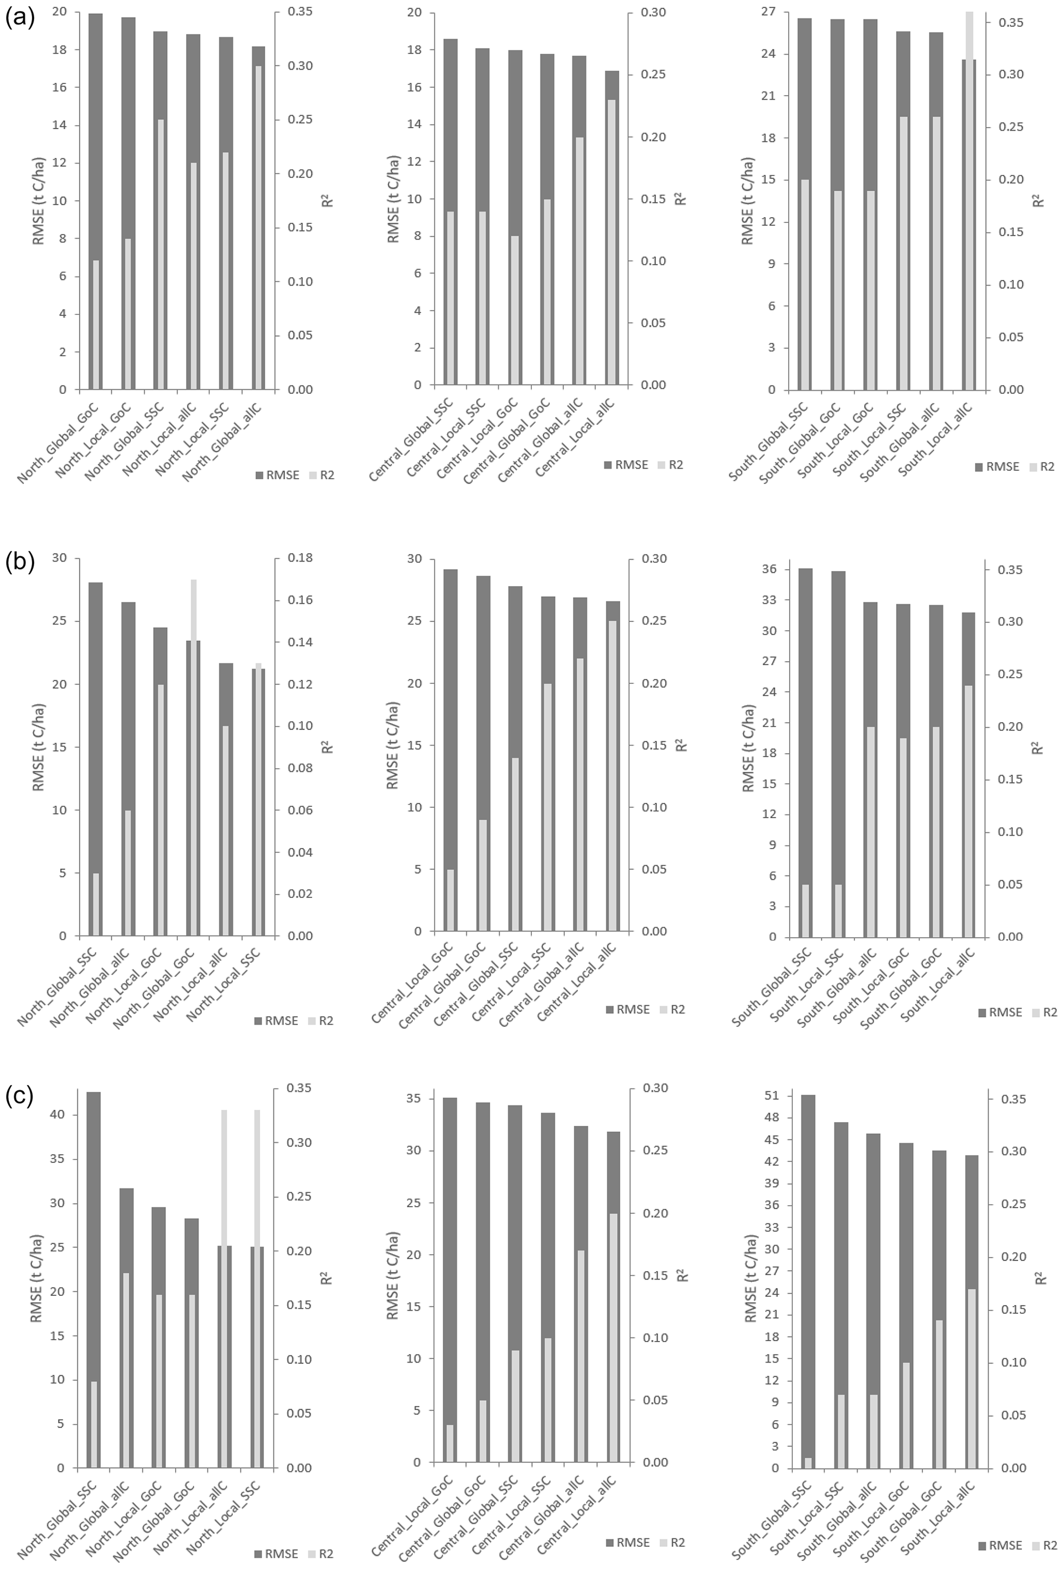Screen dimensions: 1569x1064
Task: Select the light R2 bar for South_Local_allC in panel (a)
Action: (969, 203)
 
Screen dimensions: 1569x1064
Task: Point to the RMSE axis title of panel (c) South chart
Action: (750, 1279)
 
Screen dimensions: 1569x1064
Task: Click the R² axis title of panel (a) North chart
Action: (328, 201)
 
